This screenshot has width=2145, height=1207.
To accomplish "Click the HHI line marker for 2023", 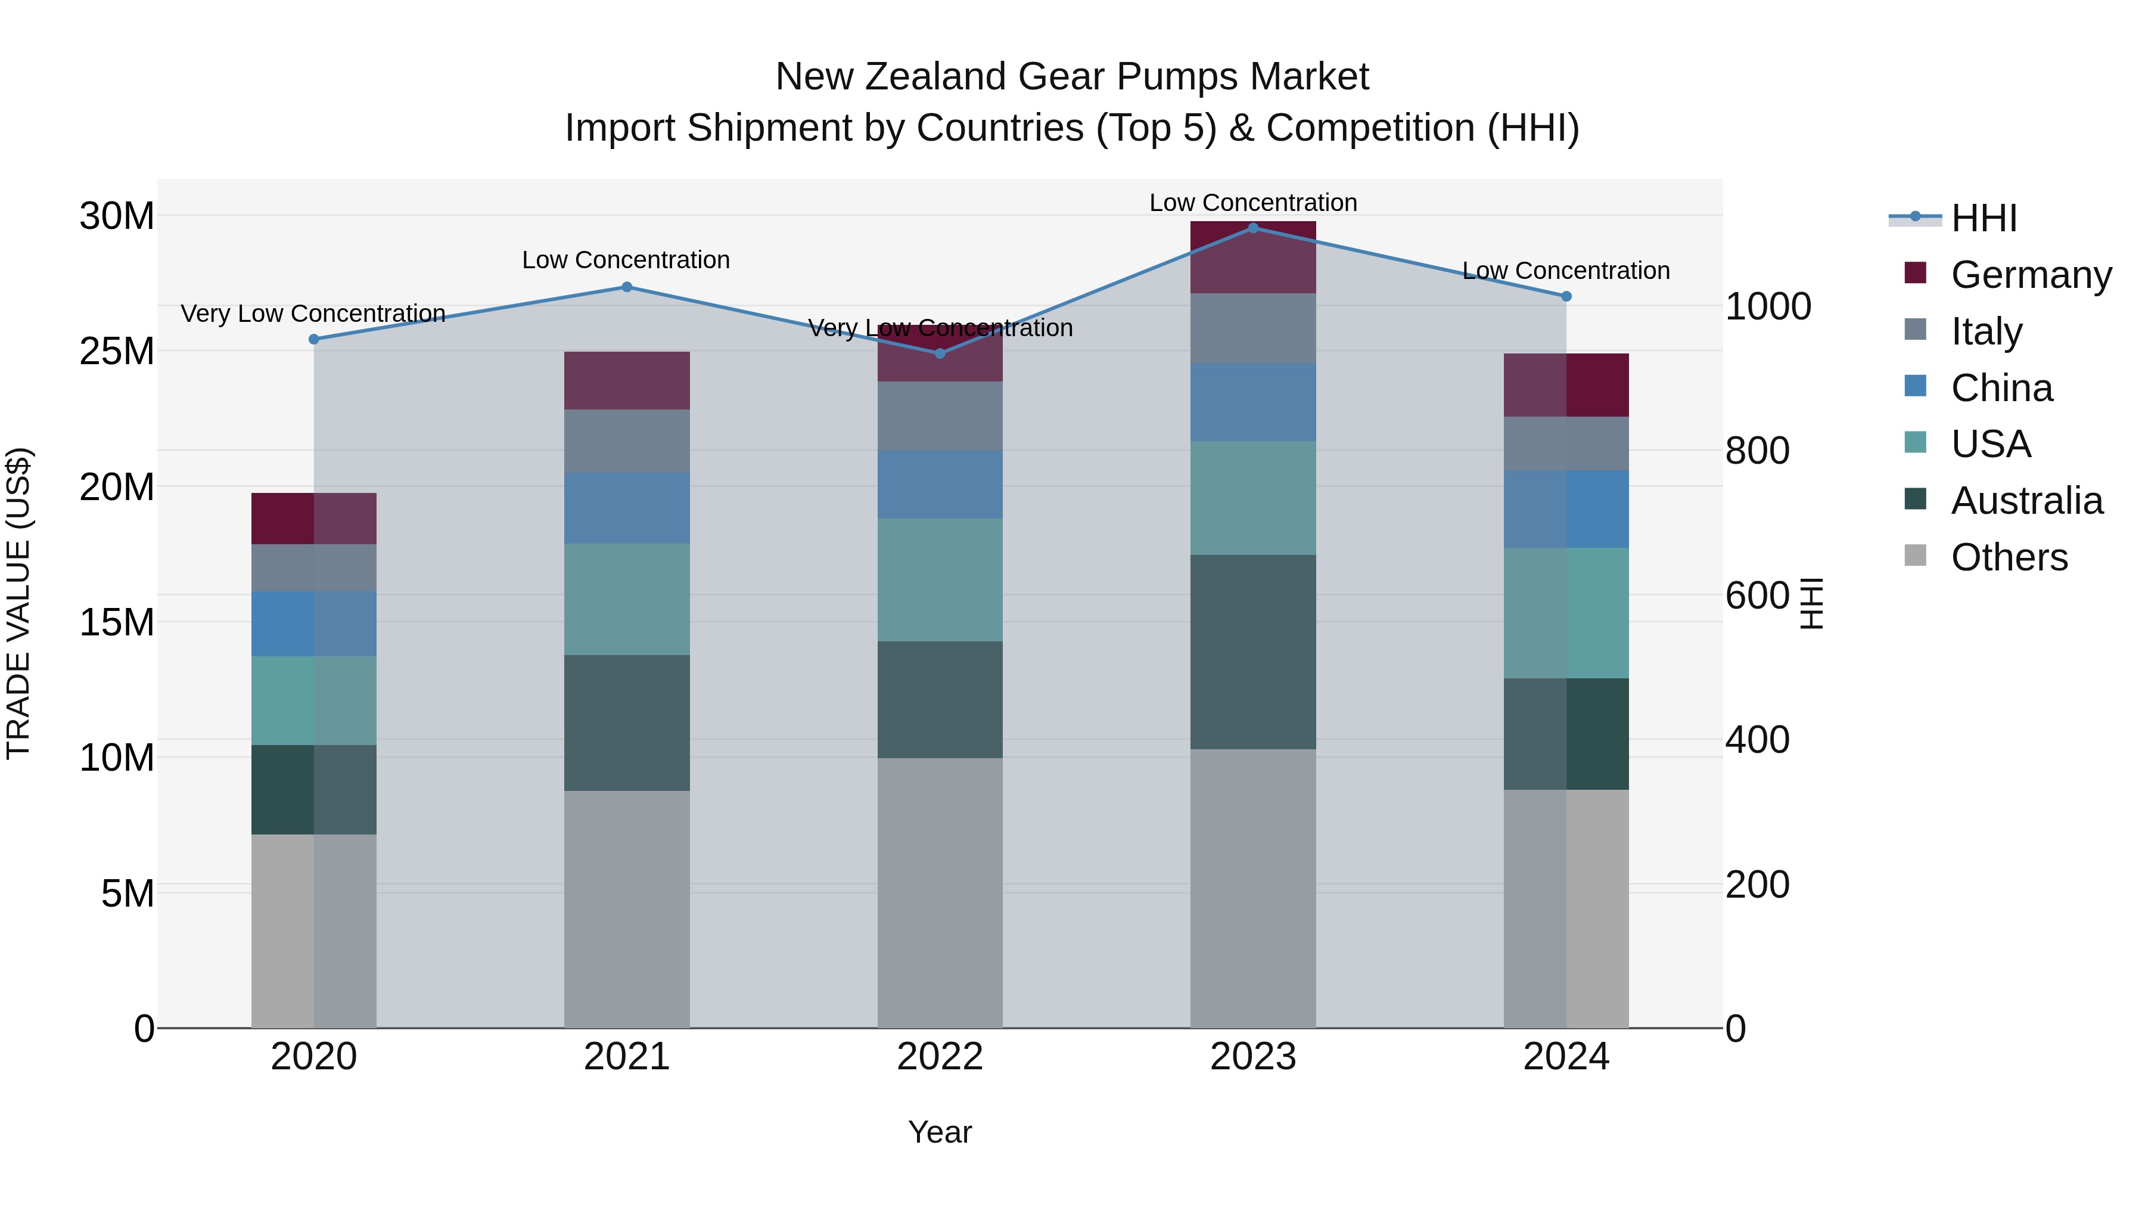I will [x=1252, y=228].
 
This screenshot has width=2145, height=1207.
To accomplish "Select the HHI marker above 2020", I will [x=314, y=339].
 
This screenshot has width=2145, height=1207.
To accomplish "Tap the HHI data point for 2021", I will [x=627, y=287].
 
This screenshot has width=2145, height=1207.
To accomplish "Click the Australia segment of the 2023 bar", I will [x=1252, y=651].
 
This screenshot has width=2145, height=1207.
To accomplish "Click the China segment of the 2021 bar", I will [x=627, y=508].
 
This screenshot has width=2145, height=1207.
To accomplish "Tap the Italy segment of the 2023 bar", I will [x=1252, y=328].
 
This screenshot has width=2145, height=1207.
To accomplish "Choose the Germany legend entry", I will [x=2030, y=275].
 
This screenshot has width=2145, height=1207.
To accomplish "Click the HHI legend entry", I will [x=1982, y=218].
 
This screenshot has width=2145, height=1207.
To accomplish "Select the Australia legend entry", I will [x=2026, y=501].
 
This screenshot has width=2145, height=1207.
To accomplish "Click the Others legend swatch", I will [x=1915, y=556].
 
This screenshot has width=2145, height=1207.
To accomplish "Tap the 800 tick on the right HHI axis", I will [x=1757, y=451].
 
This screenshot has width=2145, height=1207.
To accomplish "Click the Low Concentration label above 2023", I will [x=1252, y=203].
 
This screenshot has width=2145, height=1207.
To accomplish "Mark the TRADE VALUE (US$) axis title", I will [x=18, y=603].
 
